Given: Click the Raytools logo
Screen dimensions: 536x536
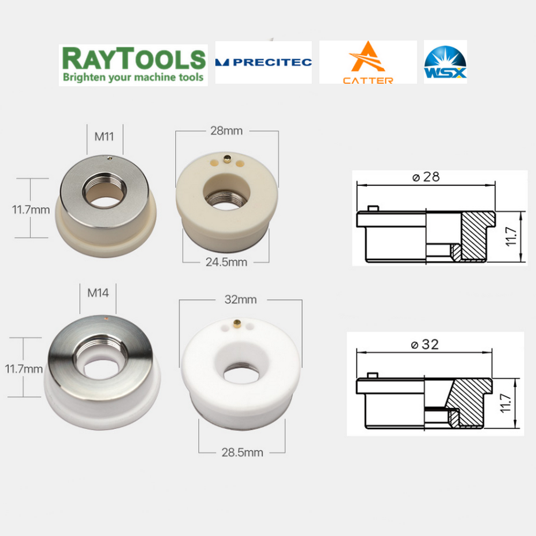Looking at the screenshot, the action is coord(133,65).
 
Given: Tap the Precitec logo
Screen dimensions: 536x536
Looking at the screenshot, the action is coord(263,62).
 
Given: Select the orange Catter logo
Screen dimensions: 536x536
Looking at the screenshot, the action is coord(368,62).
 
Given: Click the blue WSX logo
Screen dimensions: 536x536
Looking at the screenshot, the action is coord(445,62).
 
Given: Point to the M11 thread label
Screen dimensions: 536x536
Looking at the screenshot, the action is coord(104,137).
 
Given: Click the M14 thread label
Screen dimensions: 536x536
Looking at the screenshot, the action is coord(98,293).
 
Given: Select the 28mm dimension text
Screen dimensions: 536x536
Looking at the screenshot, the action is coord(226,131).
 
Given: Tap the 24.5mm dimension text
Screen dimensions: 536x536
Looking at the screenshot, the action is coord(226,262).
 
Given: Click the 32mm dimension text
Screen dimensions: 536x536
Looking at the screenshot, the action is coord(241,300).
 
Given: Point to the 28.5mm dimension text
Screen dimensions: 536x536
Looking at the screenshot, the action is coord(242,452).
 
